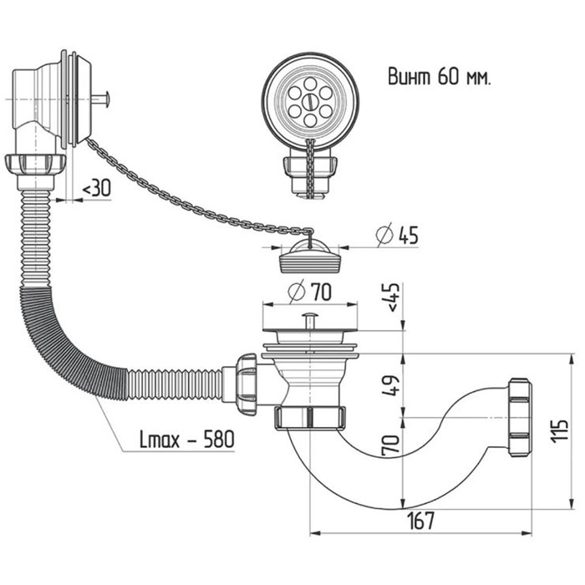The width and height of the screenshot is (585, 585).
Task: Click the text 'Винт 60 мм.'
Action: pyautogui.click(x=438, y=77)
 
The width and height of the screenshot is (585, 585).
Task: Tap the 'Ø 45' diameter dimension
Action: pyautogui.click(x=397, y=236)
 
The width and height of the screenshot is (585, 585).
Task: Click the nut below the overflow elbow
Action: pyautogui.click(x=34, y=165)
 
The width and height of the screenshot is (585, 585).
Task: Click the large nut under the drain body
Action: pyautogui.click(x=308, y=416)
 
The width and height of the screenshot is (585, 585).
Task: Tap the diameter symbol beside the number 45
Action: pyautogui.click(x=384, y=236)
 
